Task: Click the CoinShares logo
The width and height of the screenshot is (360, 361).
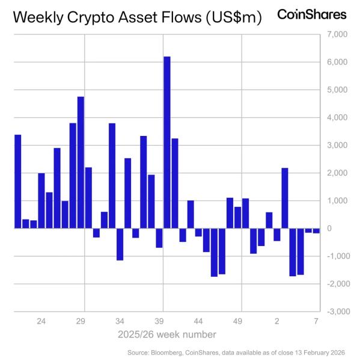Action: click(x=311, y=14)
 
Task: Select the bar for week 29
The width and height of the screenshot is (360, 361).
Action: click(x=81, y=162)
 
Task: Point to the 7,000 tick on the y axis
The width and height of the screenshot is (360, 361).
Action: click(x=336, y=34)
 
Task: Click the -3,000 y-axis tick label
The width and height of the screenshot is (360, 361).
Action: click(x=335, y=312)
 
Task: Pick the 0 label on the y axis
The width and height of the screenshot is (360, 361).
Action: click(x=330, y=229)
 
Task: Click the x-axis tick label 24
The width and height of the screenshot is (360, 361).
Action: click(x=41, y=321)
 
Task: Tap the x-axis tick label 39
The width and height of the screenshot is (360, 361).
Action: click(x=159, y=321)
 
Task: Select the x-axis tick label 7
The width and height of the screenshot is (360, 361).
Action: click(x=316, y=321)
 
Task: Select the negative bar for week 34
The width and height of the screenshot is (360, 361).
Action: click(x=120, y=244)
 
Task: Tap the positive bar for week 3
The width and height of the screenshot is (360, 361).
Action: click(x=285, y=198)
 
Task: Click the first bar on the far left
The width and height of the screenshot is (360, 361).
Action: click(x=17, y=181)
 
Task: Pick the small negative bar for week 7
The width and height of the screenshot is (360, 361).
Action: click(x=316, y=231)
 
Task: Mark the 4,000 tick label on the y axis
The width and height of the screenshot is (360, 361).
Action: click(x=336, y=117)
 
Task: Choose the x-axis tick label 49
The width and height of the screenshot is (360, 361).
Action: click(x=238, y=321)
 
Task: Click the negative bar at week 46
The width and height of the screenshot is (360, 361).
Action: click(x=214, y=252)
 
